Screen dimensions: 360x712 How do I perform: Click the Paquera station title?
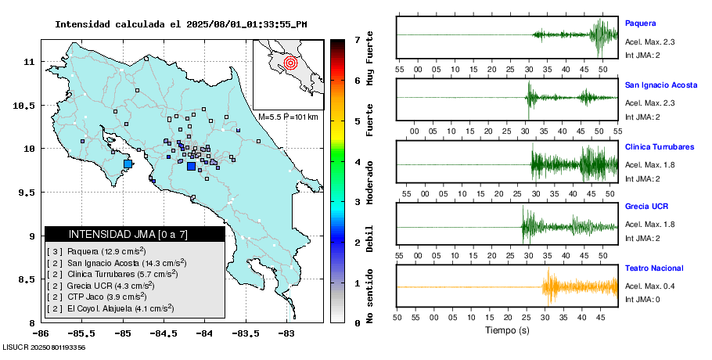(x=639, y=23)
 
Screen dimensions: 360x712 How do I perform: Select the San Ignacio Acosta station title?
(x=660, y=85)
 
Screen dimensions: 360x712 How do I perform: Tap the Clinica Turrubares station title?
(x=660, y=146)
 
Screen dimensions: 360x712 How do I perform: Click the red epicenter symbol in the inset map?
(x=290, y=62)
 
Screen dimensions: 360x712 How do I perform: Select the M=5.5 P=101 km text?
(x=288, y=117)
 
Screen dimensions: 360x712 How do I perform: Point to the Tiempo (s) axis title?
(x=508, y=330)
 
